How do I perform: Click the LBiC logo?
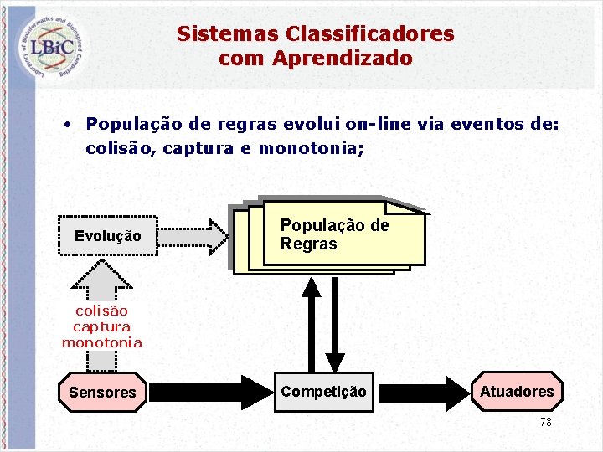[52, 45]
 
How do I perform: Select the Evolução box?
[108, 236]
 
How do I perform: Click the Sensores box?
[102, 392]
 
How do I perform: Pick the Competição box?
[323, 392]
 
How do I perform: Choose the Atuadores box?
[517, 392]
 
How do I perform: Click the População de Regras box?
[343, 234]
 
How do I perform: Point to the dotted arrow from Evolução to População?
[193, 236]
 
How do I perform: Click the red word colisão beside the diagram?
[101, 311]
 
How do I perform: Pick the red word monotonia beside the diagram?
[101, 342]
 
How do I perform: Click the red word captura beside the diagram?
[101, 326]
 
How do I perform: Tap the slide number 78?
[545, 423]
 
